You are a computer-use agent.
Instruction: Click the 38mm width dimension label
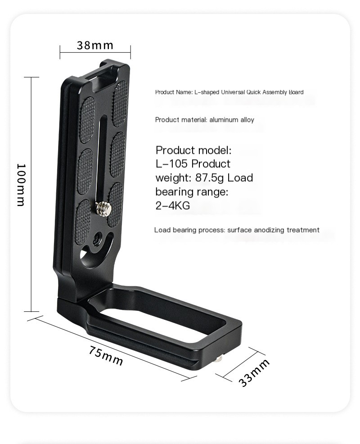(95, 45)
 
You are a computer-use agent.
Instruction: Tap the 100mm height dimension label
(21, 184)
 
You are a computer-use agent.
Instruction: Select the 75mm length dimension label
(106, 356)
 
